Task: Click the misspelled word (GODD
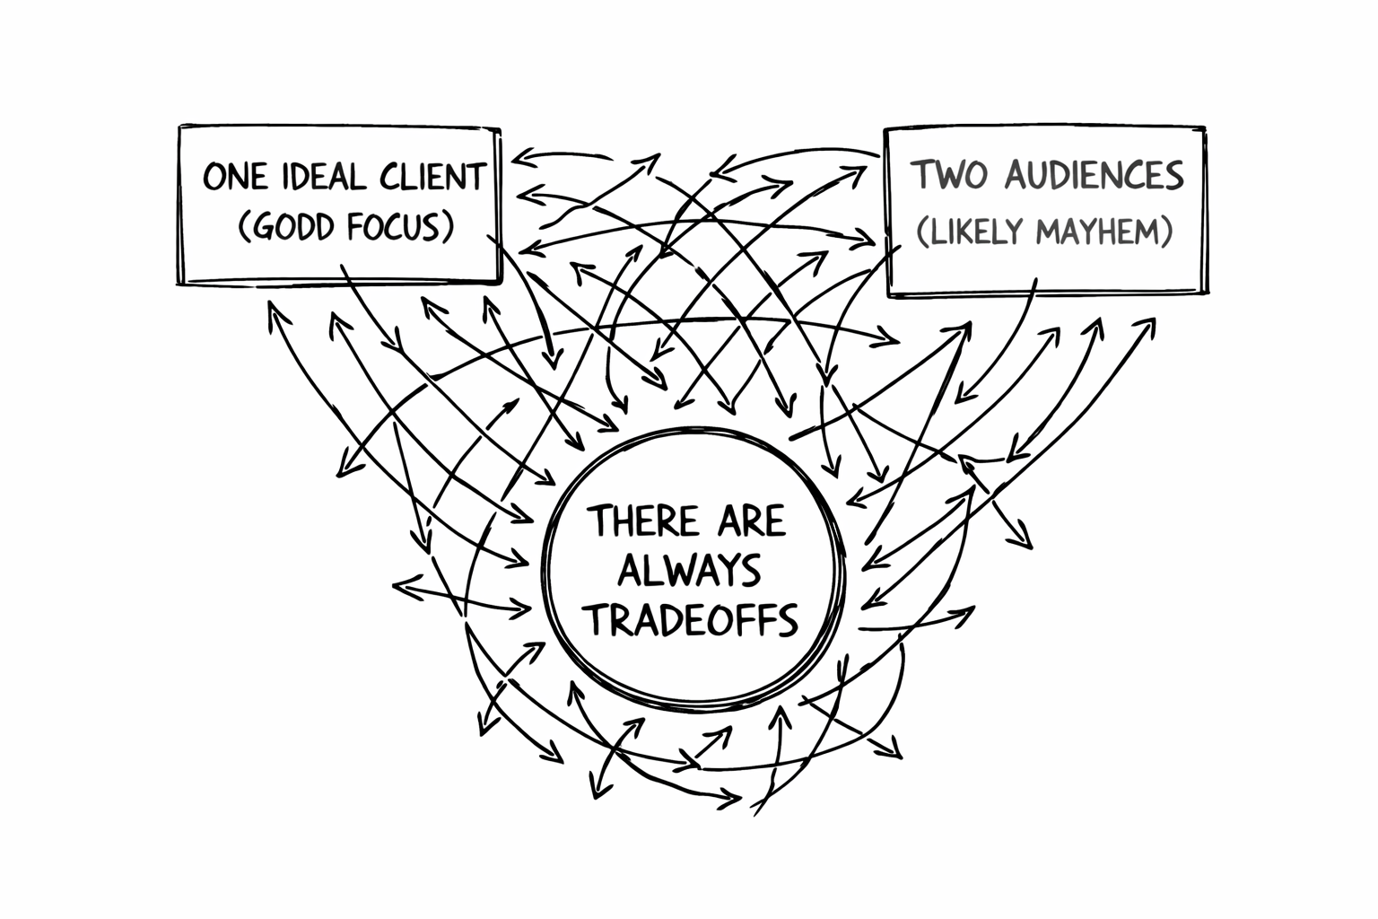pos(290,227)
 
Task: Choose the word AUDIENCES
pos(1094,175)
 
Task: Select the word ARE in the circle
pos(751,521)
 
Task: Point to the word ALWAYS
pos(690,571)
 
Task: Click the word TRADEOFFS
pos(691,619)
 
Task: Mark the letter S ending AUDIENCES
pos(1173,175)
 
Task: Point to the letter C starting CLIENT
pos(391,177)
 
